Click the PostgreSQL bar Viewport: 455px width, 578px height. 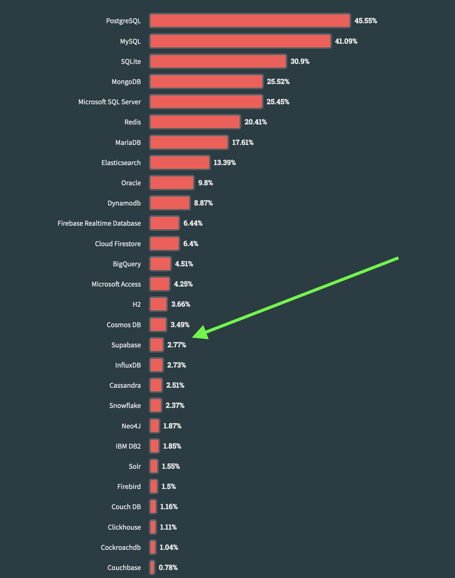point(250,21)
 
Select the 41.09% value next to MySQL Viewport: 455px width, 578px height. point(346,41)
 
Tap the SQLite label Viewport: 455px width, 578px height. point(131,61)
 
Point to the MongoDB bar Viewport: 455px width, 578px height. point(206,81)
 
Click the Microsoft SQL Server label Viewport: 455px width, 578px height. point(110,102)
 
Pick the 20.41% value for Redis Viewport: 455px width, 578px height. point(255,122)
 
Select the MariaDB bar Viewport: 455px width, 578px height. point(189,142)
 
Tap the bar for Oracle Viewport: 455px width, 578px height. point(172,183)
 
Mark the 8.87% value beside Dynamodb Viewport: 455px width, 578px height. point(203,203)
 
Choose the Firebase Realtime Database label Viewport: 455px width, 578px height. point(99,223)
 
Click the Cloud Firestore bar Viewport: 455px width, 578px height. point(164,243)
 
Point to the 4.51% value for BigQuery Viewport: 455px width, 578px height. point(184,263)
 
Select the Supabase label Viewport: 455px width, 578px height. point(126,345)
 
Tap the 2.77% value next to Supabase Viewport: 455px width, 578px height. point(177,345)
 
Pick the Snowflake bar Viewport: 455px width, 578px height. point(155,406)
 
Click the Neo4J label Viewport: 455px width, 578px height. point(131,426)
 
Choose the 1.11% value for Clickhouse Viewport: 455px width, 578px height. point(168,527)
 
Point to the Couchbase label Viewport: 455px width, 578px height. point(124,567)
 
